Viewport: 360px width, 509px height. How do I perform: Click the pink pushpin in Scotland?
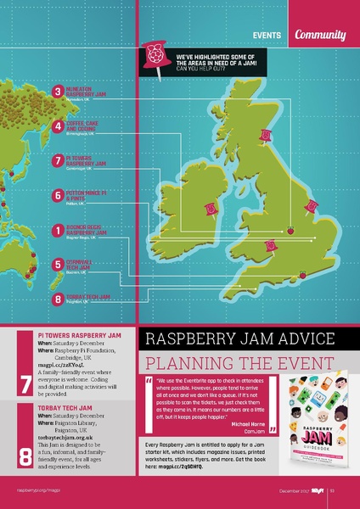(267, 135)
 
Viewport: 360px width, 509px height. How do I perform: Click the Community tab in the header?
(321, 35)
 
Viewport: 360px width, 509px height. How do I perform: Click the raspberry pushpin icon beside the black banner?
(155, 58)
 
